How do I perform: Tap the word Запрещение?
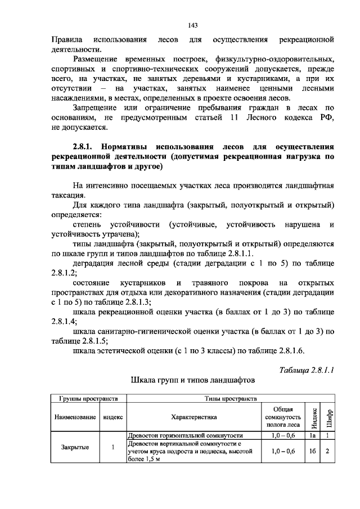point(101,107)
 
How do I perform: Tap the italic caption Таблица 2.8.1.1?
point(307,370)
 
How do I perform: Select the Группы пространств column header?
point(88,399)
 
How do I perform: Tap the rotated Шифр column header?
point(330,417)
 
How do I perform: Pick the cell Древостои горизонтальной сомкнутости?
point(186,435)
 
